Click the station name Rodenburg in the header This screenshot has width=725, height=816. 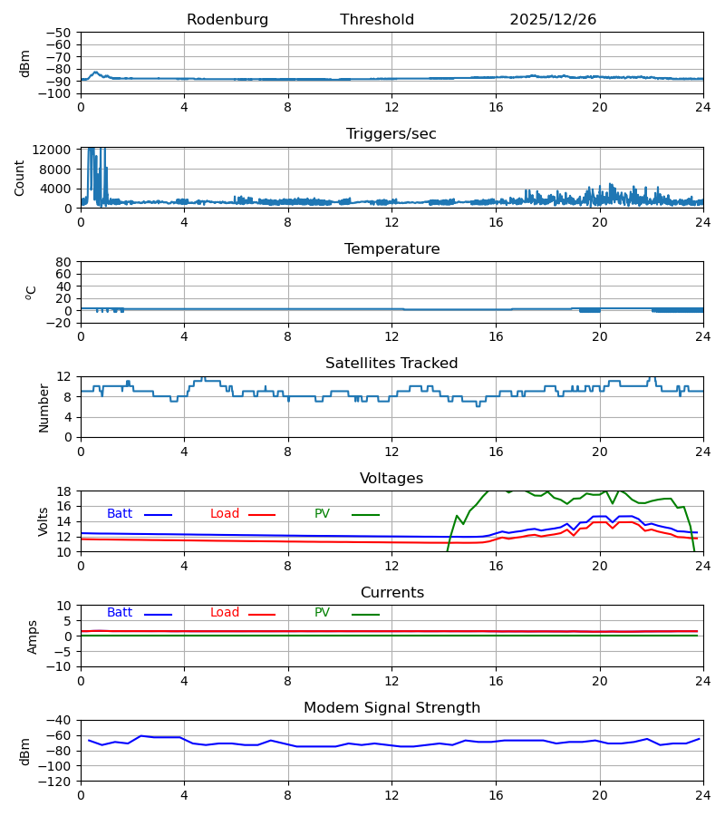pyautogui.click(x=227, y=20)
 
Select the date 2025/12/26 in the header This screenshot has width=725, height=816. pyautogui.click(x=553, y=20)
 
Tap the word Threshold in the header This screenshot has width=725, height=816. pyautogui.click(x=377, y=20)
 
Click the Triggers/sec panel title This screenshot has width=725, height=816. pyautogui.click(x=391, y=134)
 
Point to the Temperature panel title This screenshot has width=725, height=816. pyautogui.click(x=391, y=249)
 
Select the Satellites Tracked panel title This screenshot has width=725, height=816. pyautogui.click(x=391, y=364)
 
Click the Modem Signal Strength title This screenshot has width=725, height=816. pyautogui.click(x=391, y=708)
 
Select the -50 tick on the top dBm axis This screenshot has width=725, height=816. pyautogui.click(x=61, y=33)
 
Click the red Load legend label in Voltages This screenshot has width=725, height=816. pyautogui.click(x=225, y=514)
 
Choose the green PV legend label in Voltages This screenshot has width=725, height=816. pyautogui.click(x=322, y=514)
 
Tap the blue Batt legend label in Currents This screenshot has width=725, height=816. pyautogui.click(x=120, y=613)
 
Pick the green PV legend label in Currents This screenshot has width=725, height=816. pyautogui.click(x=322, y=613)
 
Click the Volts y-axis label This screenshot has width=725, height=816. pyautogui.click(x=43, y=521)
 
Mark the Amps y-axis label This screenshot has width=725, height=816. pyautogui.click(x=33, y=636)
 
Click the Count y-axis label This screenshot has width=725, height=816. pyautogui.click(x=20, y=178)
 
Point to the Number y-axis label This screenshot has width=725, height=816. pyautogui.click(x=43, y=407)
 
